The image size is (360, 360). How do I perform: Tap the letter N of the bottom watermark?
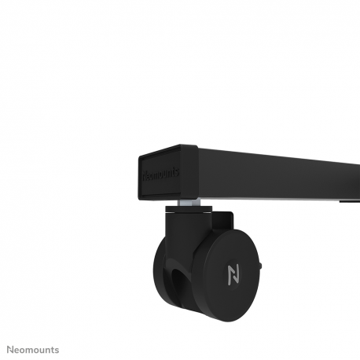[x=10, y=348]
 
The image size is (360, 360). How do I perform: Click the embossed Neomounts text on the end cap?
[x=160, y=171]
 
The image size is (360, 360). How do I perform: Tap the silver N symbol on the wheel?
[x=233, y=275]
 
